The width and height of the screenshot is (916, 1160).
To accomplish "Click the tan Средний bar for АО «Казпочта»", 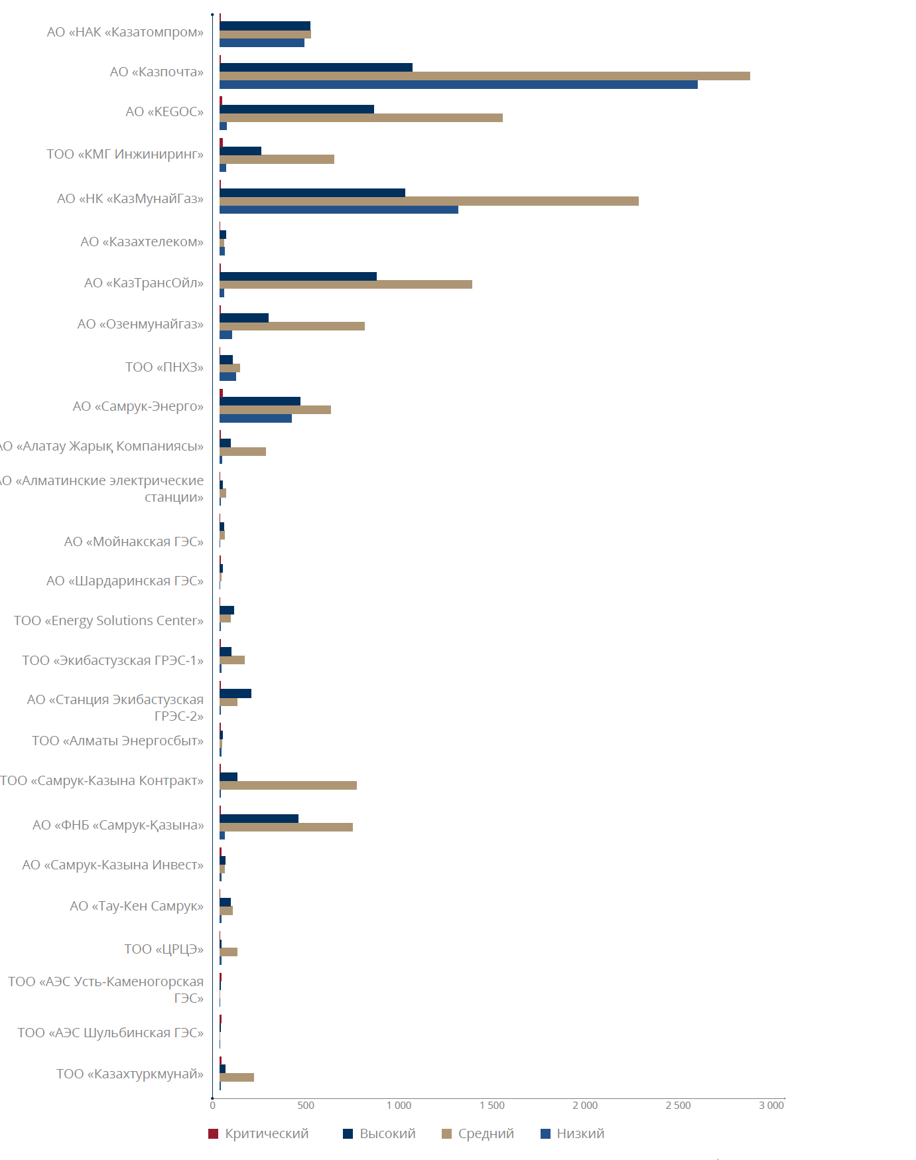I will (x=484, y=76).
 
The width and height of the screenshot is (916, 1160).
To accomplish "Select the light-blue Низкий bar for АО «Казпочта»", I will (x=458, y=84).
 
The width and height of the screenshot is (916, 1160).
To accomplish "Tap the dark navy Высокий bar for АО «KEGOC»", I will (x=296, y=109).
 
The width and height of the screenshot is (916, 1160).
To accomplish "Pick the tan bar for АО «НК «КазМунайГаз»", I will (x=428, y=201).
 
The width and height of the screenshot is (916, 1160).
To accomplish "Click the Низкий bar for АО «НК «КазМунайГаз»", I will (x=338, y=210).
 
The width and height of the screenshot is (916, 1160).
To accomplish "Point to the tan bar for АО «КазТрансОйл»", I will (x=346, y=284).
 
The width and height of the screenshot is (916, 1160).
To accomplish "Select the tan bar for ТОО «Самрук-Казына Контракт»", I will (x=288, y=785).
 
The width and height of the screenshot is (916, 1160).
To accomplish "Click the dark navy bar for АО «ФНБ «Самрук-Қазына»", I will (x=259, y=818).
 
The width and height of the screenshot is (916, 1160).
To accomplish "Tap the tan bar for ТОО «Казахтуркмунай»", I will (x=237, y=1077).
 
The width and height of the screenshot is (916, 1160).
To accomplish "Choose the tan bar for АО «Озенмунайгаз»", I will (x=292, y=326).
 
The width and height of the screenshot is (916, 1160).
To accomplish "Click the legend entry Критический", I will (x=259, y=1133).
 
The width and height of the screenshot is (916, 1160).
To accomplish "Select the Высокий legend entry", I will (x=379, y=1133).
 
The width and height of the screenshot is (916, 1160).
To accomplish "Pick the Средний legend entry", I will (x=478, y=1133).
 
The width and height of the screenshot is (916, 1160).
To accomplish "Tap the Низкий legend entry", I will (x=573, y=1133).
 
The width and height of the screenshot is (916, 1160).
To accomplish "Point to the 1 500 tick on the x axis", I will (x=492, y=1106).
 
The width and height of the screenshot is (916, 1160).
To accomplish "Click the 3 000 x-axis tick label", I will (x=771, y=1106).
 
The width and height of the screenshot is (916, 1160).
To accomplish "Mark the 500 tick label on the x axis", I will (x=306, y=1106).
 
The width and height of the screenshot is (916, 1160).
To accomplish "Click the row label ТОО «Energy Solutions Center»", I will (x=109, y=620).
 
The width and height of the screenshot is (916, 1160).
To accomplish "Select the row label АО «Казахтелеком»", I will (x=142, y=242).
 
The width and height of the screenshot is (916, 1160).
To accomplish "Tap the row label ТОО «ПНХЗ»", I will (x=164, y=367).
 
